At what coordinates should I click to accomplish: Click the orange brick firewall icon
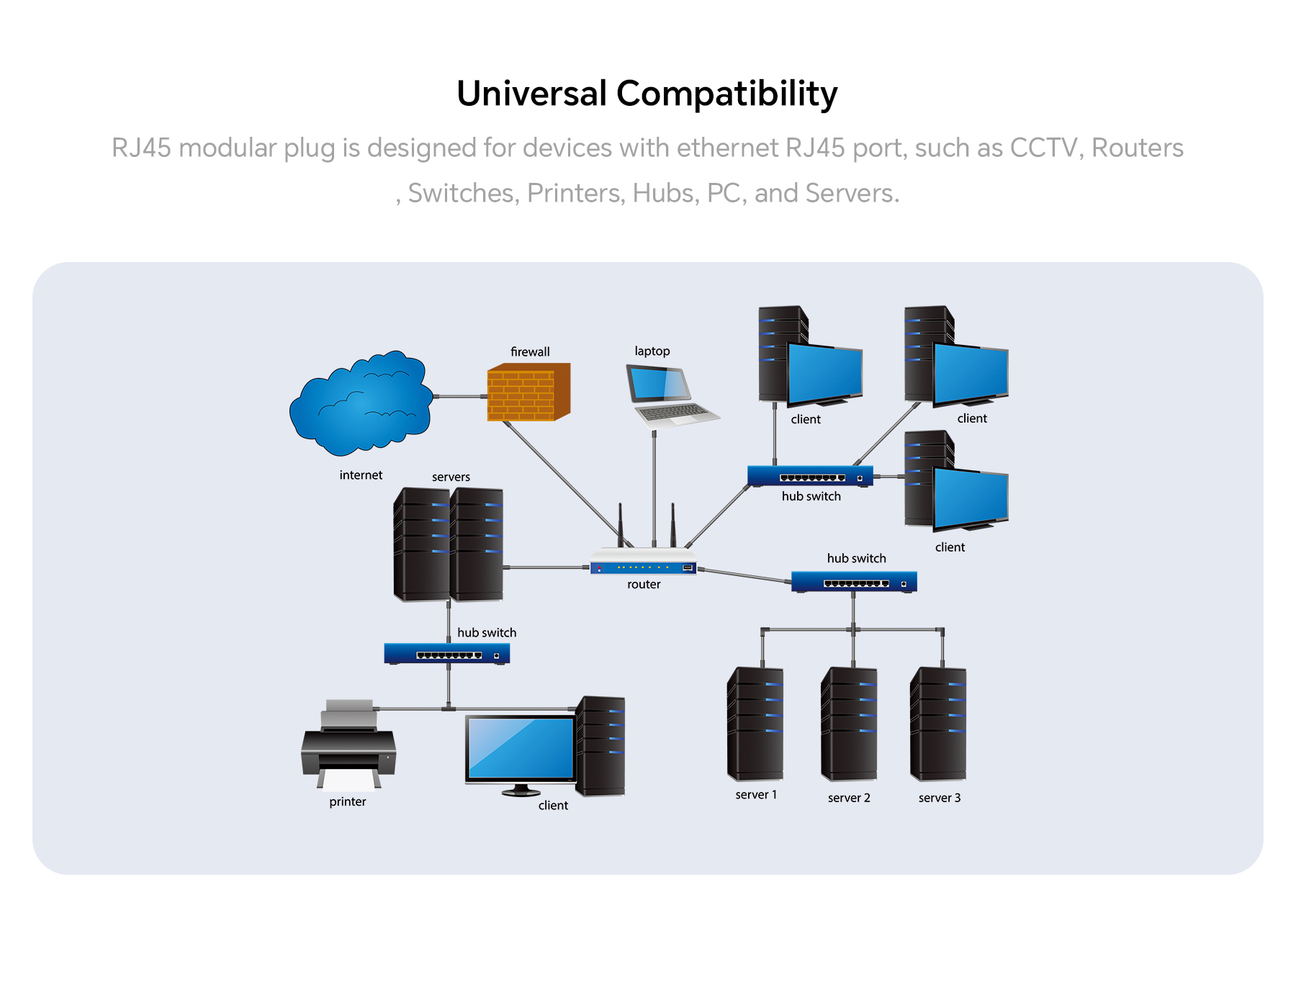click(528, 392)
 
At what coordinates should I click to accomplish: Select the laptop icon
click(672, 397)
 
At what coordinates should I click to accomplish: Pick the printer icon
click(348, 745)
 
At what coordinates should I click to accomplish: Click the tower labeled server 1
click(755, 724)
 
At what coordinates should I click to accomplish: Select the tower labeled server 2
click(850, 724)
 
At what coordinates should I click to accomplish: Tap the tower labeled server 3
click(938, 724)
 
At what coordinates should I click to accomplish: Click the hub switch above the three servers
click(854, 582)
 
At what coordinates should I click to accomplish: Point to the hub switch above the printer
click(447, 654)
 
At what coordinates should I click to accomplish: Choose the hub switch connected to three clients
click(811, 476)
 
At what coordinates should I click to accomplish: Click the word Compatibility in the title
click(727, 94)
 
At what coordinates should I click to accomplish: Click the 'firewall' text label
click(530, 351)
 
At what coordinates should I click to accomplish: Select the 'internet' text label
click(361, 475)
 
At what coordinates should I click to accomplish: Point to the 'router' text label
click(644, 585)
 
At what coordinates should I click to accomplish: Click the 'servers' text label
click(451, 477)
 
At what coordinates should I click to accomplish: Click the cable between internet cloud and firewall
click(461, 396)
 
